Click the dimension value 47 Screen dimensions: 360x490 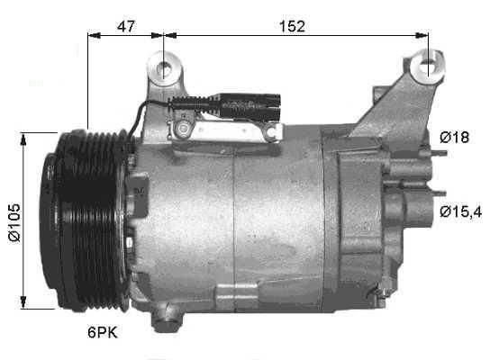point(126,26)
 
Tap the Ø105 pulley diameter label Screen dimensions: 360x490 point(14,221)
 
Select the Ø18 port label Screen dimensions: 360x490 point(454,137)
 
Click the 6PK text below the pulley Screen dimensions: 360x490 point(103,333)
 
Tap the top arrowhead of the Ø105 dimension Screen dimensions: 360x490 point(24,136)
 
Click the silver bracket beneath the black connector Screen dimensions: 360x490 point(225,130)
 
